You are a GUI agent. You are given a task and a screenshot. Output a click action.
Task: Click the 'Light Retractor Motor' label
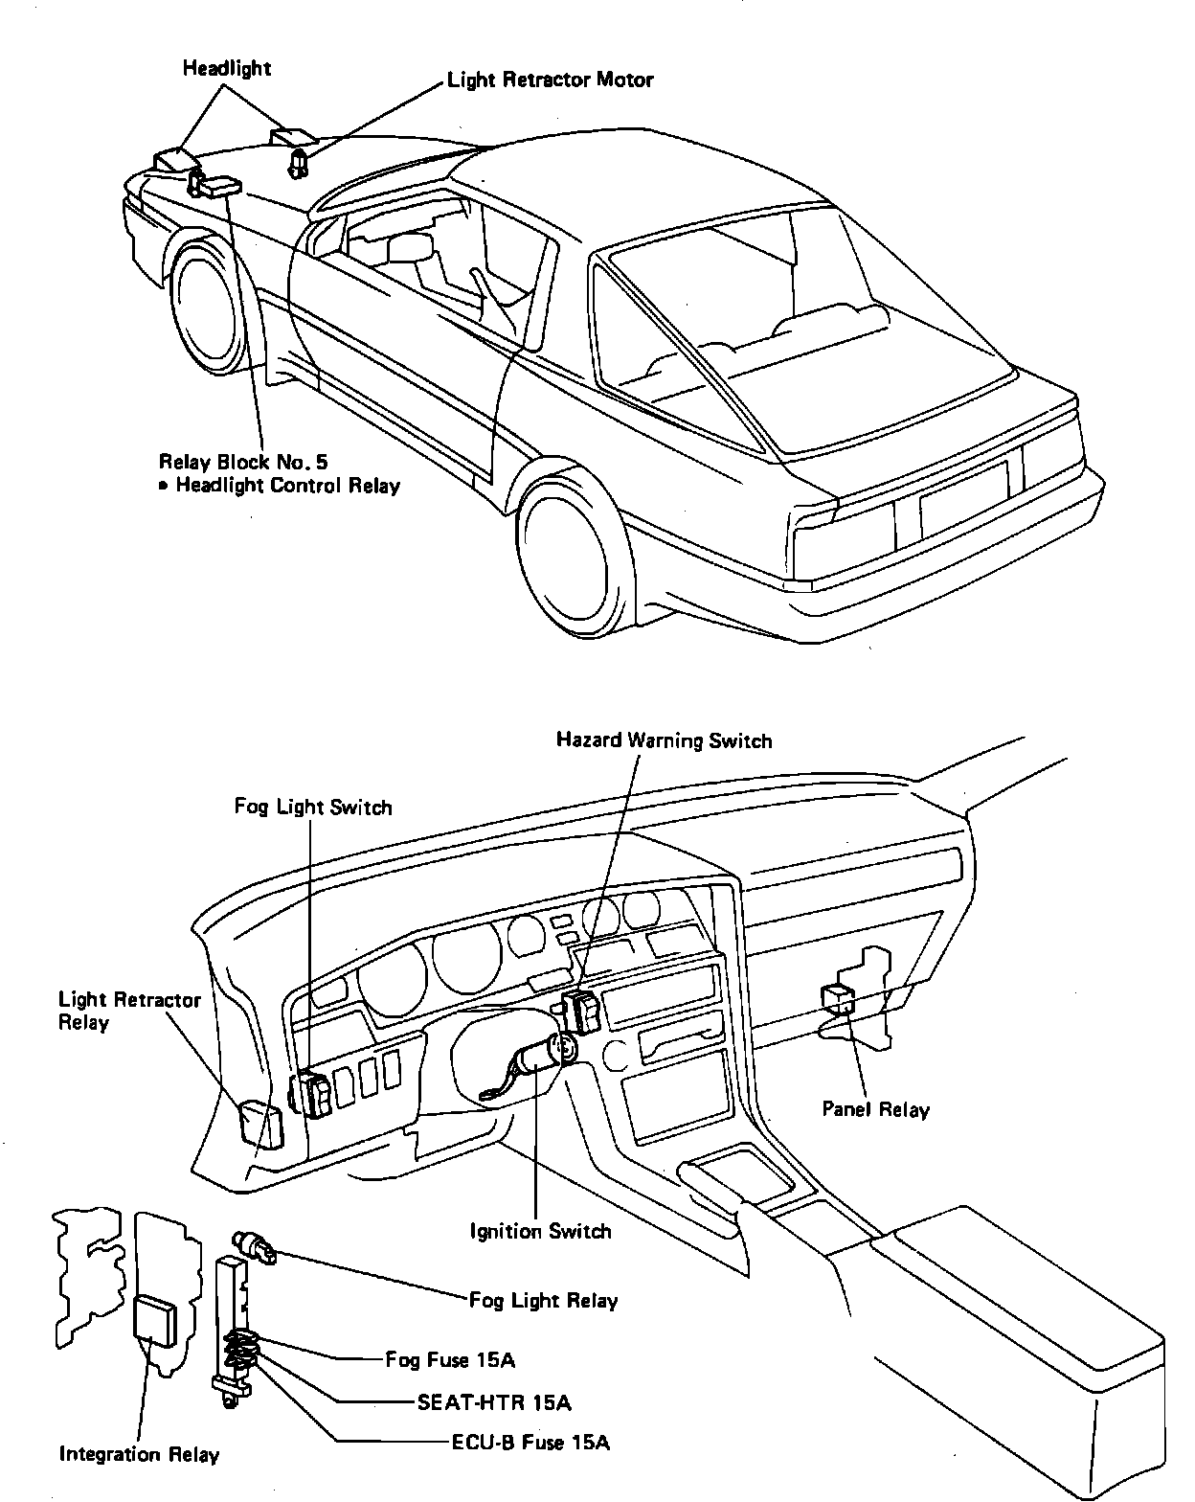point(551,80)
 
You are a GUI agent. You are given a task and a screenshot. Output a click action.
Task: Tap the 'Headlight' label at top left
point(227,68)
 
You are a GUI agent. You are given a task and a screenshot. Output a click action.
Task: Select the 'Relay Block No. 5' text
point(249,461)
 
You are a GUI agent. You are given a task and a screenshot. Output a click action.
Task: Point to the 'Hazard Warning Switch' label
point(664,740)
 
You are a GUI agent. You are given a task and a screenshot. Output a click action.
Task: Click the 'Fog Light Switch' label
point(313,807)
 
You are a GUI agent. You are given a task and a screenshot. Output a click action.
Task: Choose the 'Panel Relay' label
point(876,1109)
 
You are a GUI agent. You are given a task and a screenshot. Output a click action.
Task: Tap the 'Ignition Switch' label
point(540,1231)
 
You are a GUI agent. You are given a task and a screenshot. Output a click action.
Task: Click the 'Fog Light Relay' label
point(543,1300)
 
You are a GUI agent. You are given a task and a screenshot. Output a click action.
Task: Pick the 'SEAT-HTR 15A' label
point(494,1402)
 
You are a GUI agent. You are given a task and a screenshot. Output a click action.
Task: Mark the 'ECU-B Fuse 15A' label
point(530,1442)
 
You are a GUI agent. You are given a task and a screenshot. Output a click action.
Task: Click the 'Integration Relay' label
point(140,1454)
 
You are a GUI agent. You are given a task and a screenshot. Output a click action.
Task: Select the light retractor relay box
point(260,1123)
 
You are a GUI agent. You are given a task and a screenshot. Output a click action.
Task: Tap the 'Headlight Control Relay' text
point(287,486)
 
